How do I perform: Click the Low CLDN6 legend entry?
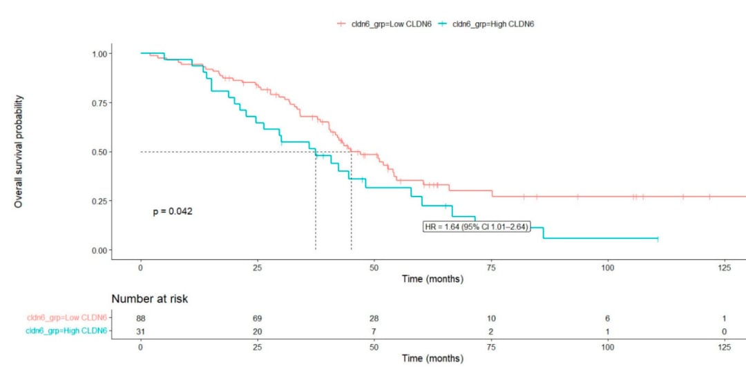(x=384, y=23)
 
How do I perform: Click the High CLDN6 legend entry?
(x=486, y=23)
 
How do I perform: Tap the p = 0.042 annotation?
(x=173, y=212)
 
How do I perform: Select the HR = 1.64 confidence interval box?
(x=476, y=227)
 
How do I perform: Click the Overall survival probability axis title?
(x=18, y=151)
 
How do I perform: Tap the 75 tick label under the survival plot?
(x=490, y=268)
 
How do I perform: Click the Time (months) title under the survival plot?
(x=432, y=279)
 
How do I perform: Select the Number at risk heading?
(x=150, y=299)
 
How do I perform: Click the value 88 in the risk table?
(x=141, y=318)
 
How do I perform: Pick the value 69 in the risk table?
(x=258, y=318)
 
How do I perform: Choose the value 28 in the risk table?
(x=374, y=318)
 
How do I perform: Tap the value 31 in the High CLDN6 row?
(x=141, y=331)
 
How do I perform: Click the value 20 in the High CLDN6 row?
(x=258, y=331)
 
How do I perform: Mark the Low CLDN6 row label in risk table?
(x=67, y=317)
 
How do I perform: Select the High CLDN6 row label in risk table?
(x=66, y=331)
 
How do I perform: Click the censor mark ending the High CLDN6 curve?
(x=658, y=238)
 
